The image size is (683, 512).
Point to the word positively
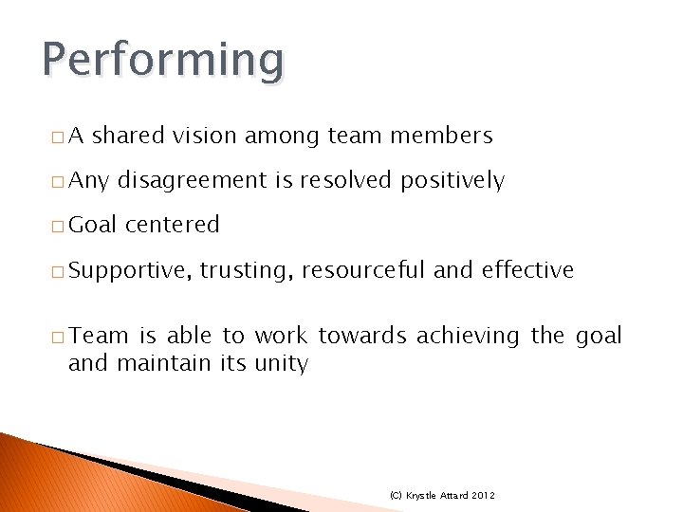click(452, 181)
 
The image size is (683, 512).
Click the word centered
click(172, 225)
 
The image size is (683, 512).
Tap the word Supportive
click(131, 271)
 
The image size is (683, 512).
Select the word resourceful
click(363, 270)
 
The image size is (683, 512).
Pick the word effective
click(527, 270)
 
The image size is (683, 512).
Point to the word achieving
click(468, 336)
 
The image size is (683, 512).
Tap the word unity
click(281, 363)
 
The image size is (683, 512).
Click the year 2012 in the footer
click(483, 496)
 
